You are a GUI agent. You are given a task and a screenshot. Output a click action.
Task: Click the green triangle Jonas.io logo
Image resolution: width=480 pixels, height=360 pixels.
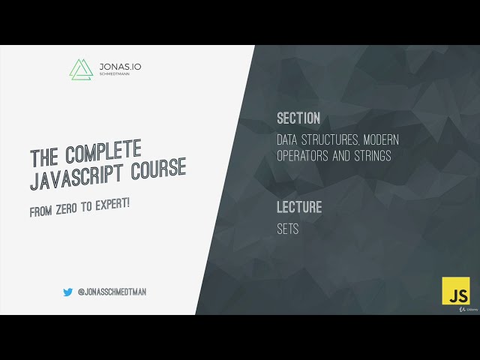pyautogui.click(x=81, y=69)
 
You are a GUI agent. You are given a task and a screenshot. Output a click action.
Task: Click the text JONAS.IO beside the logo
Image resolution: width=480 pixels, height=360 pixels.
pyautogui.click(x=119, y=67)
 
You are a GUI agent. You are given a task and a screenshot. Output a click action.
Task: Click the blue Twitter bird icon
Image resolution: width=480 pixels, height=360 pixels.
pyautogui.click(x=67, y=292)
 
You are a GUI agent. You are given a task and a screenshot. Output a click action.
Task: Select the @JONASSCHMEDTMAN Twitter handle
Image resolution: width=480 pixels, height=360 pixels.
pyautogui.click(x=112, y=292)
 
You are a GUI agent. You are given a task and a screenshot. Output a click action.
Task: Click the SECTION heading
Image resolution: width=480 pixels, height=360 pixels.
pyautogui.click(x=298, y=118)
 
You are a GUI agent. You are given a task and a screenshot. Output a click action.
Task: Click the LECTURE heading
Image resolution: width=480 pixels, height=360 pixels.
pyautogui.click(x=299, y=208)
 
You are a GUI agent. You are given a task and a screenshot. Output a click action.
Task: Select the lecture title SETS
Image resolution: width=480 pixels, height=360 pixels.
pyautogui.click(x=288, y=229)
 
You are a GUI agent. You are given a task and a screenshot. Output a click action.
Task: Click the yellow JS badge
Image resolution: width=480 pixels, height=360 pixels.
pyautogui.click(x=455, y=291)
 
